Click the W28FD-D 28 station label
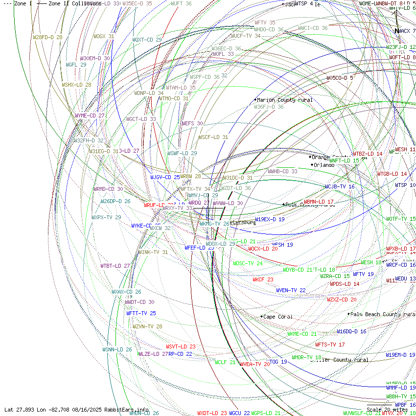tap(47, 37)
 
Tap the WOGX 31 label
tap(104, 36)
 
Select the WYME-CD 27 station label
tap(90, 116)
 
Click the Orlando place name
tap(324, 165)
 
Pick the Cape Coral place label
tap(278, 317)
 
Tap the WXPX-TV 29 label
tap(106, 217)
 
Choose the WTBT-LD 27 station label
tap(115, 266)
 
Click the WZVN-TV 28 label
tap(147, 326)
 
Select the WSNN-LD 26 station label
tap(117, 349)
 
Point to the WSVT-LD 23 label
tap(181, 347)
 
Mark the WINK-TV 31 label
tap(153, 252)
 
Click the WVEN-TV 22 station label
tap(291, 290)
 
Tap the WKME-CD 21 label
tap(302, 334)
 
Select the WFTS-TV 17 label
tap(330, 345)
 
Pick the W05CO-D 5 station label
tap(340, 78)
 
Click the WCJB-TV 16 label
tap(340, 186)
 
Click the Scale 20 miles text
tap(387, 410)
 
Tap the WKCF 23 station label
tap(263, 279)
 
